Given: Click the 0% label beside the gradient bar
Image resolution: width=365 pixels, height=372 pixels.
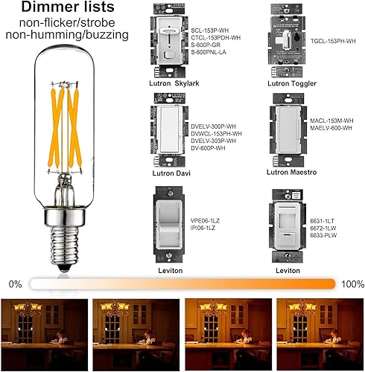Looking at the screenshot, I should tap(16, 284).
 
